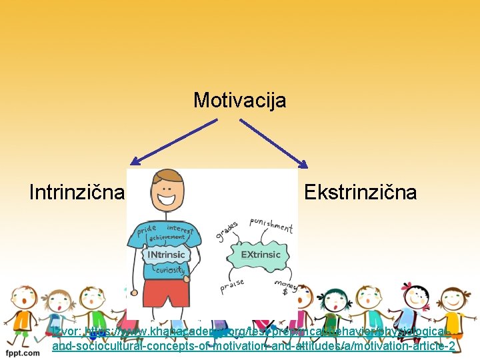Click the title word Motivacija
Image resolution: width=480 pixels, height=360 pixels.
click(240, 101)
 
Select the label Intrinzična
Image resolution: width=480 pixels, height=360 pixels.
click(77, 193)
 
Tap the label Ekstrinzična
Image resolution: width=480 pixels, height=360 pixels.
click(360, 193)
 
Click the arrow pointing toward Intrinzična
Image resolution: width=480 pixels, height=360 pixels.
click(173, 141)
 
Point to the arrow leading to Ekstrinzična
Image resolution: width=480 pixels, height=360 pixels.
click(273, 143)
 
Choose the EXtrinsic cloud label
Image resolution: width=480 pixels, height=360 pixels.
click(261, 255)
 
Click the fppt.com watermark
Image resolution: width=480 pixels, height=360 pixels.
click(23, 351)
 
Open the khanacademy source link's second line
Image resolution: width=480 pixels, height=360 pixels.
click(253, 346)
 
